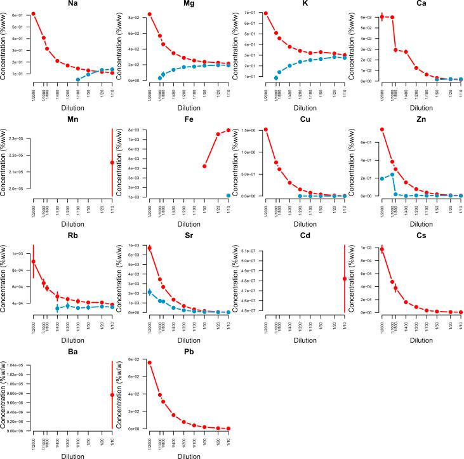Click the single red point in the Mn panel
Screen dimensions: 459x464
pos(112,163)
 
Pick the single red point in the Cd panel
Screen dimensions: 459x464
pos(345,279)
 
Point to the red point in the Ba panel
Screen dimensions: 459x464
pos(112,395)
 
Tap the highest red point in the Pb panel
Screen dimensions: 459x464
pos(149,363)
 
